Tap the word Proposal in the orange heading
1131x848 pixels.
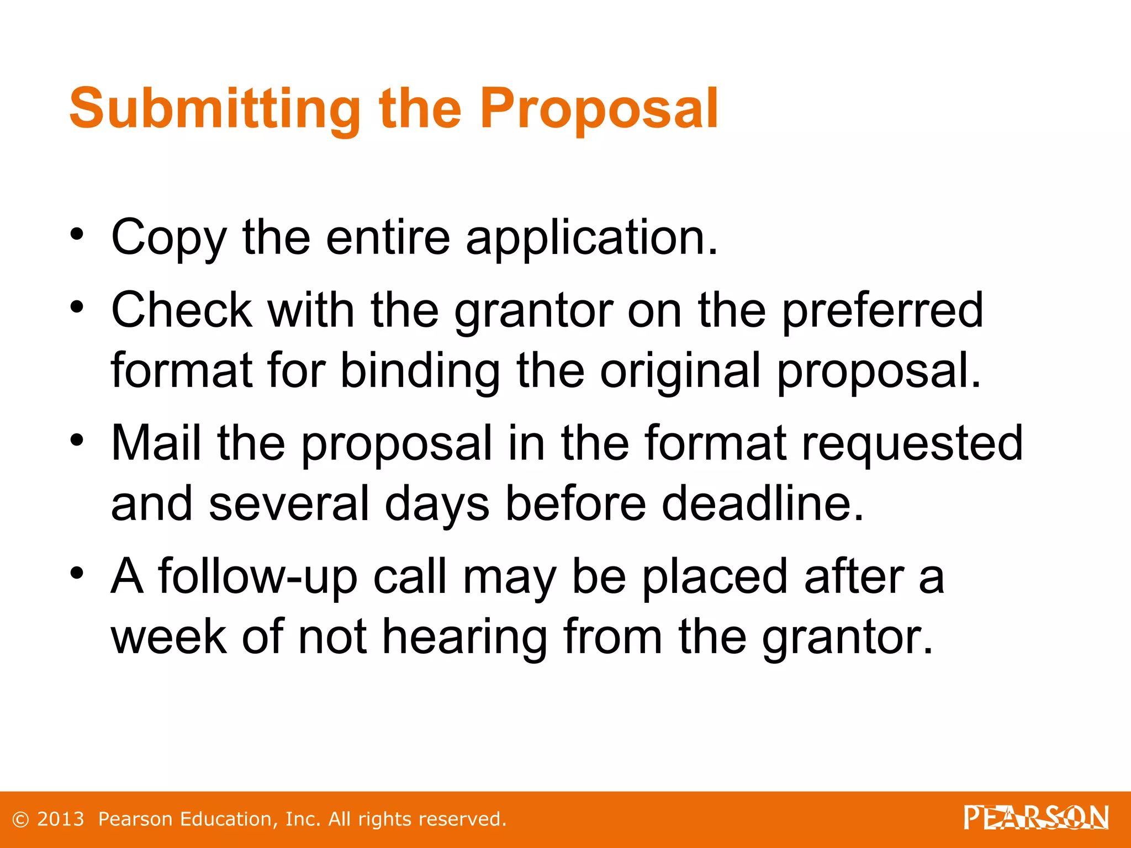pos(599,109)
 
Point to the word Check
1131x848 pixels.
pos(182,310)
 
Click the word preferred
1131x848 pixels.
pos(883,310)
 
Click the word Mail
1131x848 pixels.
pos(156,443)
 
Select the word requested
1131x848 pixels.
pos(912,444)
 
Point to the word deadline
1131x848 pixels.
pos(763,504)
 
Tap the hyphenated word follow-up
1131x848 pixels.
pos(258,576)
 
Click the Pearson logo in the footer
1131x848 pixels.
pos(1036,818)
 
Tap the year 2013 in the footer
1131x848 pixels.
pos(61,819)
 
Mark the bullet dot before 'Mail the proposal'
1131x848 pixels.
pos(77,440)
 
